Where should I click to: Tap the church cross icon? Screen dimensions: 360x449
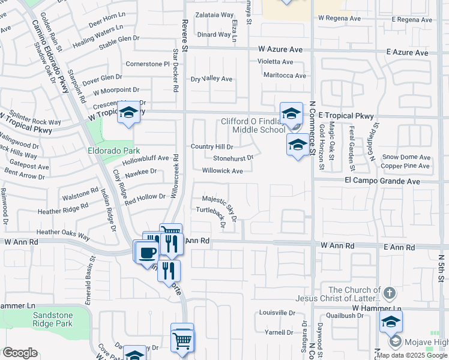(x=390, y=293)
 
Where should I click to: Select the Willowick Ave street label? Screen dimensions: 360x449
(x=222, y=171)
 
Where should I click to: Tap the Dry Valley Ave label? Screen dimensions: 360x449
(x=211, y=79)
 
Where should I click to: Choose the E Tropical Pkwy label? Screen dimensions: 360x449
(x=346, y=116)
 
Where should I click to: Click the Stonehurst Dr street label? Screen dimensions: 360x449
(x=234, y=158)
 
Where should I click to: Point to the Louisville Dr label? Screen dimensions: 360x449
(x=277, y=313)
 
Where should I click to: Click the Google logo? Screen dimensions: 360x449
(x=20, y=353)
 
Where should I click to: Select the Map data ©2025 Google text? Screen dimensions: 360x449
(x=412, y=355)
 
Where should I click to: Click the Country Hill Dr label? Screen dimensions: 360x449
(x=212, y=146)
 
